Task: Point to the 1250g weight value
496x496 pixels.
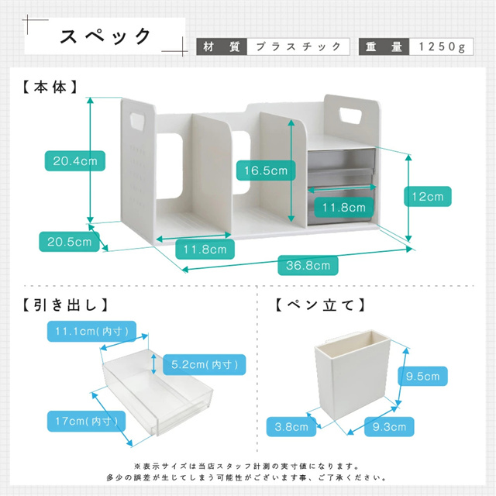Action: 439,46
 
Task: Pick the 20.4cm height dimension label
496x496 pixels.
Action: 74,161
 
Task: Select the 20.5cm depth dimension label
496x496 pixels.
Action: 69,242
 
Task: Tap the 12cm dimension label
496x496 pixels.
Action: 427,197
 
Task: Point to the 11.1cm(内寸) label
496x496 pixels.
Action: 91,332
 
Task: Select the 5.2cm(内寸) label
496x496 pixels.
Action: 204,363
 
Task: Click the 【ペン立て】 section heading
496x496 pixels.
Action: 320,305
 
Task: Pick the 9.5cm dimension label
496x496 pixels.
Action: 423,377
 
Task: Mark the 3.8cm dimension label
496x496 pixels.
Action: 291,425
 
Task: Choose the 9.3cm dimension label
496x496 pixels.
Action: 388,425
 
